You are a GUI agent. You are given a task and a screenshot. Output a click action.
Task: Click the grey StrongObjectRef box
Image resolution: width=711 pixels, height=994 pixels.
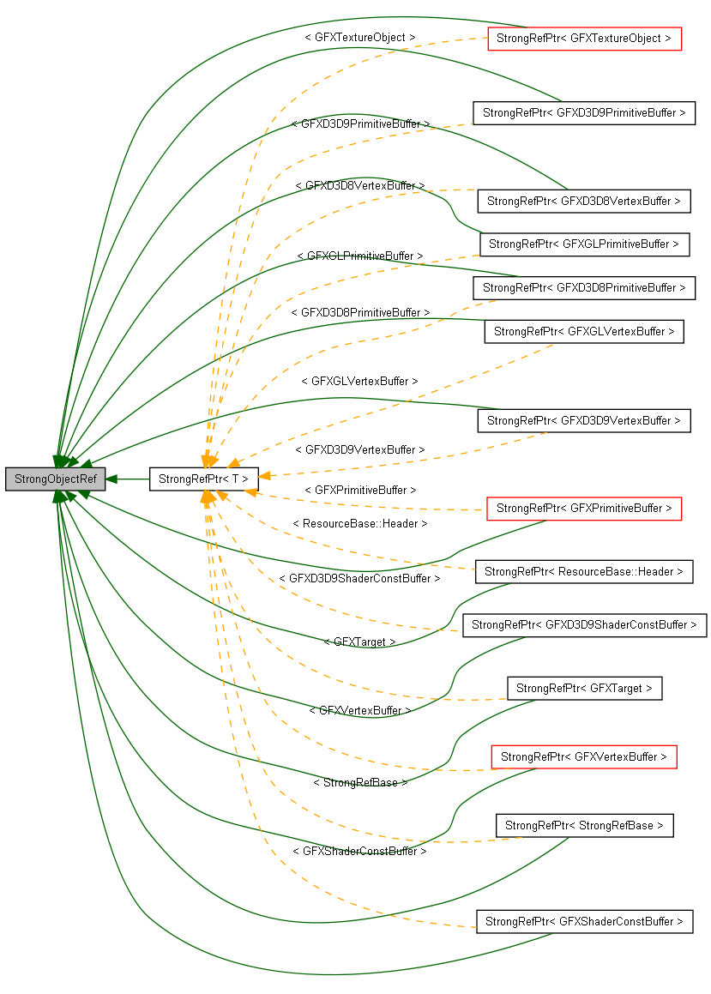click(55, 479)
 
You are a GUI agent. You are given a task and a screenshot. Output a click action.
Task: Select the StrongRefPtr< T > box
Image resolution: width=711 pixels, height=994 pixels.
click(203, 479)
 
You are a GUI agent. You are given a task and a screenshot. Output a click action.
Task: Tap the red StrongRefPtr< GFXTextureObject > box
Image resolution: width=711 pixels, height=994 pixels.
click(584, 39)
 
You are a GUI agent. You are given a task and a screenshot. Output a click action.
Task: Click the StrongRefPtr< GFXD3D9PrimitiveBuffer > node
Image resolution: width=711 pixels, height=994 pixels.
click(584, 112)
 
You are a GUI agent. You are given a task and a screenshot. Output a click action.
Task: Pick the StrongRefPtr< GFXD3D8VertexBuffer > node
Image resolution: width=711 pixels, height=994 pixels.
click(584, 202)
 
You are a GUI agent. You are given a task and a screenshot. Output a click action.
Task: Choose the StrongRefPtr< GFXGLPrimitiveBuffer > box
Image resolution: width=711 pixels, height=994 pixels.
click(584, 244)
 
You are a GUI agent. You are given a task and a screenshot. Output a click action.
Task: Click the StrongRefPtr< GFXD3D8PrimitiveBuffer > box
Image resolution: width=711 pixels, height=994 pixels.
click(584, 288)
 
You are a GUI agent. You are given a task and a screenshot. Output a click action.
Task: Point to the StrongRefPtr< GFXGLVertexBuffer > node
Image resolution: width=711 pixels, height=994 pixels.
click(584, 332)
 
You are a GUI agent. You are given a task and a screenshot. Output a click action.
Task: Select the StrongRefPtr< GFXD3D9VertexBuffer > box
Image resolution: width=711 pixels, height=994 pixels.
click(584, 421)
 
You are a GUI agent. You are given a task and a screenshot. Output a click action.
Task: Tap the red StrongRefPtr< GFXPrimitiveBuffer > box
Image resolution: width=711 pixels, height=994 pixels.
click(584, 509)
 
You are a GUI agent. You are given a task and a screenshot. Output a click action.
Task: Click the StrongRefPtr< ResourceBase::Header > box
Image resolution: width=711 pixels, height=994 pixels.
click(584, 572)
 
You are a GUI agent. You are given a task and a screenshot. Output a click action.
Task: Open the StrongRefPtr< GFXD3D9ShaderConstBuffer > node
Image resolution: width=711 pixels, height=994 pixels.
click(584, 625)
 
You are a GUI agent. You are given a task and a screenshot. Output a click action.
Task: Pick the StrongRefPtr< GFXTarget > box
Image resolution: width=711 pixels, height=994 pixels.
click(584, 689)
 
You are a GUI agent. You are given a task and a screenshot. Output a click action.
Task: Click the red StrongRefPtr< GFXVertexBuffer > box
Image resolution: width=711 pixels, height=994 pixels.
click(584, 757)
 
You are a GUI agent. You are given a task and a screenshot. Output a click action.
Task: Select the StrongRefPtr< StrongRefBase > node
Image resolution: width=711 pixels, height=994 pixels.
click(584, 826)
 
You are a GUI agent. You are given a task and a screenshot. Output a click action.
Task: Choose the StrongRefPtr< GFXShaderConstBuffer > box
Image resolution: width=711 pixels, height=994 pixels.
click(584, 922)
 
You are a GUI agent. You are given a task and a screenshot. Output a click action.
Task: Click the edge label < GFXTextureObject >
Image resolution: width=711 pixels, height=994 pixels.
click(360, 38)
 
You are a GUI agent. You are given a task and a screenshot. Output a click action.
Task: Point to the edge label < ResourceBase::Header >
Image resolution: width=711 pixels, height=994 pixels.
click(360, 523)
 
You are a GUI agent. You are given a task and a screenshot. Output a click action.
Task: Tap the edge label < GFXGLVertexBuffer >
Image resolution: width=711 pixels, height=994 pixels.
click(360, 381)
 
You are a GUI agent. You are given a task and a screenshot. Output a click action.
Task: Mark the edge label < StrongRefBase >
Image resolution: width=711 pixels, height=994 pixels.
click(360, 783)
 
